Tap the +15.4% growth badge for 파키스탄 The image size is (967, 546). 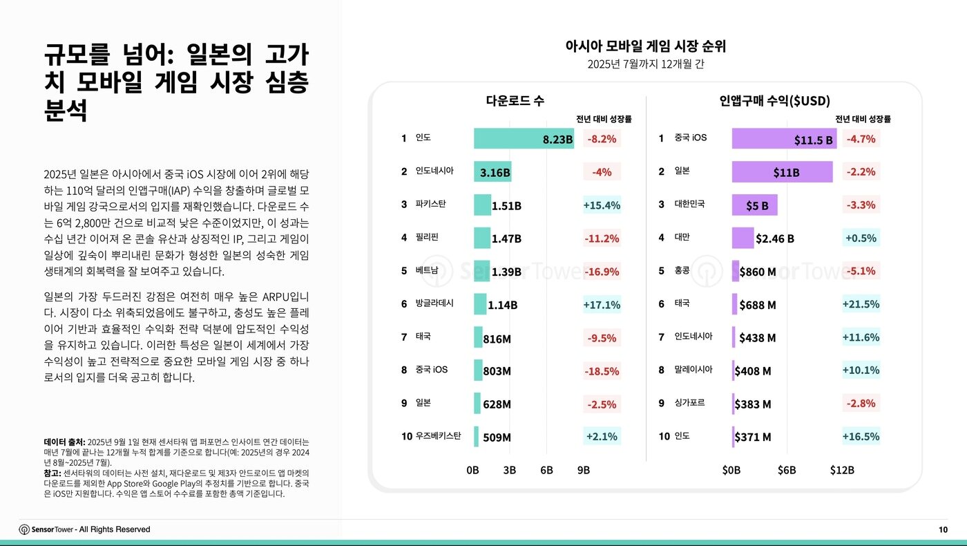pyautogui.click(x=602, y=205)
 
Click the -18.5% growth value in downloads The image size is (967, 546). pyautogui.click(x=602, y=371)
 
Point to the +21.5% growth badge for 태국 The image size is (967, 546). pyautogui.click(x=861, y=304)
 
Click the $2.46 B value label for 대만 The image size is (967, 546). pyautogui.click(x=774, y=238)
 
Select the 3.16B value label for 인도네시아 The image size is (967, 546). pyautogui.click(x=495, y=172)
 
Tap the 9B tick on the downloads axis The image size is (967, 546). pyautogui.click(x=583, y=470)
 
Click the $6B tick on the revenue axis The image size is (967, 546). pyautogui.click(x=787, y=470)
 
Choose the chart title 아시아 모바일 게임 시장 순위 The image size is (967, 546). pyautogui.click(x=645, y=46)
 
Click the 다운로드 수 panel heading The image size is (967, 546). pyautogui.click(x=515, y=100)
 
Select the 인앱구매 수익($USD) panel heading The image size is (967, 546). pyautogui.click(x=774, y=100)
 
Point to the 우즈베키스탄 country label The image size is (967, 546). pyautogui.click(x=438, y=436)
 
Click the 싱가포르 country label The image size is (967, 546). pyautogui.click(x=689, y=403)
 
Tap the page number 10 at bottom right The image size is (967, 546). pyautogui.click(x=943, y=529)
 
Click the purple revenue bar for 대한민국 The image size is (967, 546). pyautogui.click(x=754, y=205)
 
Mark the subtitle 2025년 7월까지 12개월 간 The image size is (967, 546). pyautogui.click(x=645, y=65)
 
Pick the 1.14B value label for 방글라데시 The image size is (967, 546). pyautogui.click(x=502, y=305)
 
